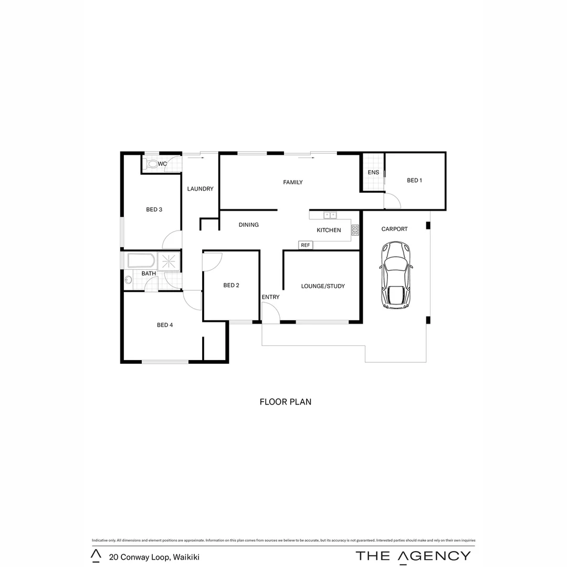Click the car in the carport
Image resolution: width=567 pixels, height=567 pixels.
396,275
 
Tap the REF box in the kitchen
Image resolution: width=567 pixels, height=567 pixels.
305,245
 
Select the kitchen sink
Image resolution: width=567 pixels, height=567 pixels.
330,215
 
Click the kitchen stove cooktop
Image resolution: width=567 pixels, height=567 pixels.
355,229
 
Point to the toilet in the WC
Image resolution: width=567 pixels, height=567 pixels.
153,164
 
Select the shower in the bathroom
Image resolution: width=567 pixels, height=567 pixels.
169,261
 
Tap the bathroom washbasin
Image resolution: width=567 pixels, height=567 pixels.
128,280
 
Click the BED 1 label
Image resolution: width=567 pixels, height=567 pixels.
414,180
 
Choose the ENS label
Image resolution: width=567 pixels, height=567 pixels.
373,172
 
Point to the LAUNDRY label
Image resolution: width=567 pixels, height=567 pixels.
200,188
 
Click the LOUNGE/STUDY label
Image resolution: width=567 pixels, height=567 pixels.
323,286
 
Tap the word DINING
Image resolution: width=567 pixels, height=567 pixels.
248,225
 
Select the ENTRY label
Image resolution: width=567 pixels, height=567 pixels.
270,297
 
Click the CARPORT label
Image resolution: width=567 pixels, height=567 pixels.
394,229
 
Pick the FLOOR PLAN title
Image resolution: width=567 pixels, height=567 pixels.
286,402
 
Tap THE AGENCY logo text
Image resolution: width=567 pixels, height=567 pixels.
413,556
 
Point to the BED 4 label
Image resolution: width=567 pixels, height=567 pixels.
165,325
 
